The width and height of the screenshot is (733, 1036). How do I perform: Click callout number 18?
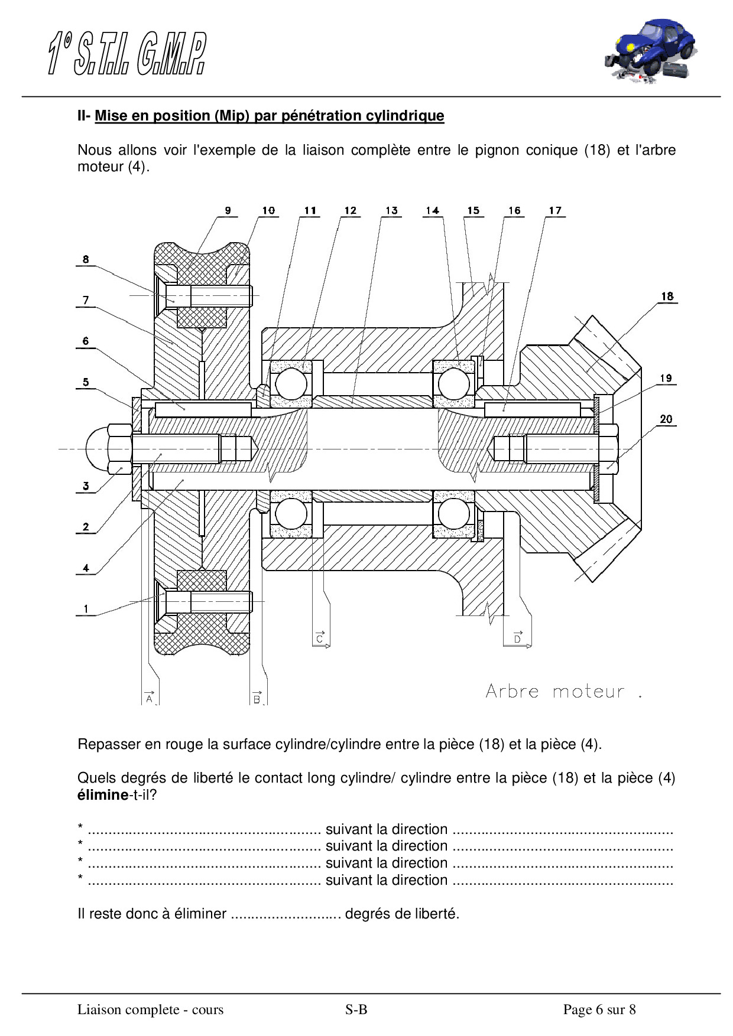pyautogui.click(x=667, y=296)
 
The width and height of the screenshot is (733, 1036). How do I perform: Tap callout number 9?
pyautogui.click(x=228, y=210)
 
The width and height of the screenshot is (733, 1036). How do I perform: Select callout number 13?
pyautogui.click(x=391, y=210)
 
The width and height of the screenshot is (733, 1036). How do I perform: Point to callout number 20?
pyautogui.click(x=666, y=419)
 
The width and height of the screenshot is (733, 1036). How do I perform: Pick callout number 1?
pyautogui.click(x=86, y=608)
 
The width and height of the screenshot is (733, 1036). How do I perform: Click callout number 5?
pyautogui.click(x=86, y=382)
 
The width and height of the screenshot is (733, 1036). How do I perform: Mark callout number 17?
pyautogui.click(x=554, y=210)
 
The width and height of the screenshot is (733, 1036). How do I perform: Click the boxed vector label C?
pyautogui.click(x=320, y=638)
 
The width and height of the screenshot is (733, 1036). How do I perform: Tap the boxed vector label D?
pyautogui.click(x=517, y=638)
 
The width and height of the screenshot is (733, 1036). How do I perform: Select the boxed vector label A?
pyautogui.click(x=150, y=698)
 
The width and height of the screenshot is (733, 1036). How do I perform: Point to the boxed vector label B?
pyautogui.click(x=257, y=698)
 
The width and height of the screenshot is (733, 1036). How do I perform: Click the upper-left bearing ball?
pyautogui.click(x=291, y=383)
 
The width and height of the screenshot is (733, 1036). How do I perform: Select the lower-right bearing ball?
pyautogui.click(x=453, y=513)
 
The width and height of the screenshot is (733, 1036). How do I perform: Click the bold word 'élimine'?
pyautogui.click(x=103, y=795)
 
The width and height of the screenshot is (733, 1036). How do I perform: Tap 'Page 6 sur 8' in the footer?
pyautogui.click(x=599, y=1009)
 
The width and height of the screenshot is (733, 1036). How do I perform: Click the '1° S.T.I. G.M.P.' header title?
pyautogui.click(x=127, y=54)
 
